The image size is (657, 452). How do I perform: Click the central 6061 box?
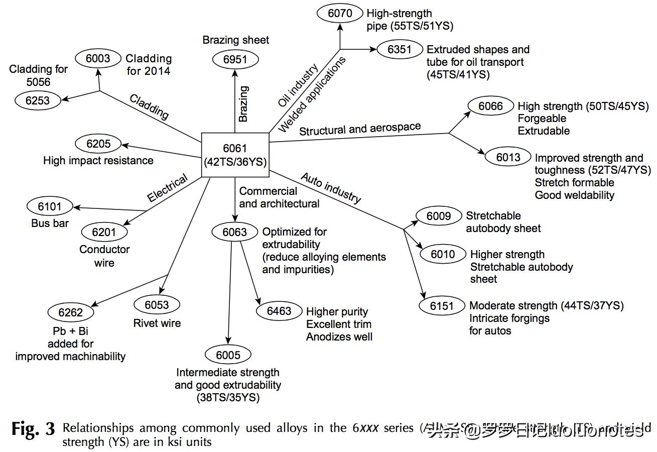(x=235, y=155)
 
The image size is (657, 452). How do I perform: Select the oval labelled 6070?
(x=340, y=14)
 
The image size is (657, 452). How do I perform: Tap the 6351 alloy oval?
(x=400, y=49)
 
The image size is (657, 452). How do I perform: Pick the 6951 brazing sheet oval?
(x=235, y=60)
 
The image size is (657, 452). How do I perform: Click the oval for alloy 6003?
(x=98, y=58)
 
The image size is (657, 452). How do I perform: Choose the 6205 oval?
(x=98, y=144)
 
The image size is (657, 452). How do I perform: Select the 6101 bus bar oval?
(x=50, y=206)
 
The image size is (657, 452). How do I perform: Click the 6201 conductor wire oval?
(x=104, y=232)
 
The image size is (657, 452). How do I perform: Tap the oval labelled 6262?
(x=70, y=312)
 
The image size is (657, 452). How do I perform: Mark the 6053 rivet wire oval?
(x=157, y=305)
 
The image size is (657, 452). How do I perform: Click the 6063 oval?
(x=235, y=232)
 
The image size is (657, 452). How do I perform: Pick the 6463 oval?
(x=279, y=311)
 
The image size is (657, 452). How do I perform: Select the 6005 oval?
(x=228, y=355)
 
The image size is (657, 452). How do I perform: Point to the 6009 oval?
(x=439, y=216)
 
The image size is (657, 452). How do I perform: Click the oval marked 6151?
(x=442, y=306)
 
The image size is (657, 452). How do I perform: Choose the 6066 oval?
(x=490, y=106)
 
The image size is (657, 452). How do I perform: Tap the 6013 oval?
(x=508, y=158)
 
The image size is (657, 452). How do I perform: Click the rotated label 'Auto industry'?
(x=331, y=188)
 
